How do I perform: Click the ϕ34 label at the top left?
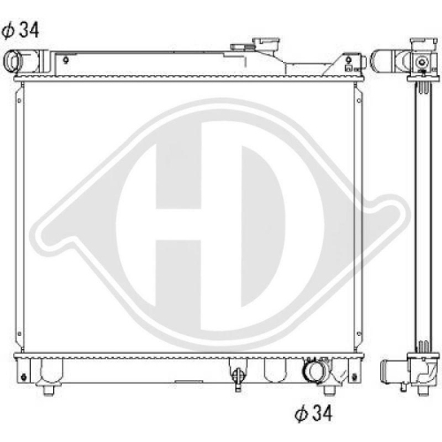tap(20, 31)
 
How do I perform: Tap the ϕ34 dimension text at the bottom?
tap(313, 413)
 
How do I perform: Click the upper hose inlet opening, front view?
tap(12, 62)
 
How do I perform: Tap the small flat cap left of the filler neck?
tap(241, 47)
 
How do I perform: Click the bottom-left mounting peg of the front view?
tap(49, 390)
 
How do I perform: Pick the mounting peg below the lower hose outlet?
tap(329, 389)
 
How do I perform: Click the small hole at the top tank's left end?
tap(65, 60)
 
